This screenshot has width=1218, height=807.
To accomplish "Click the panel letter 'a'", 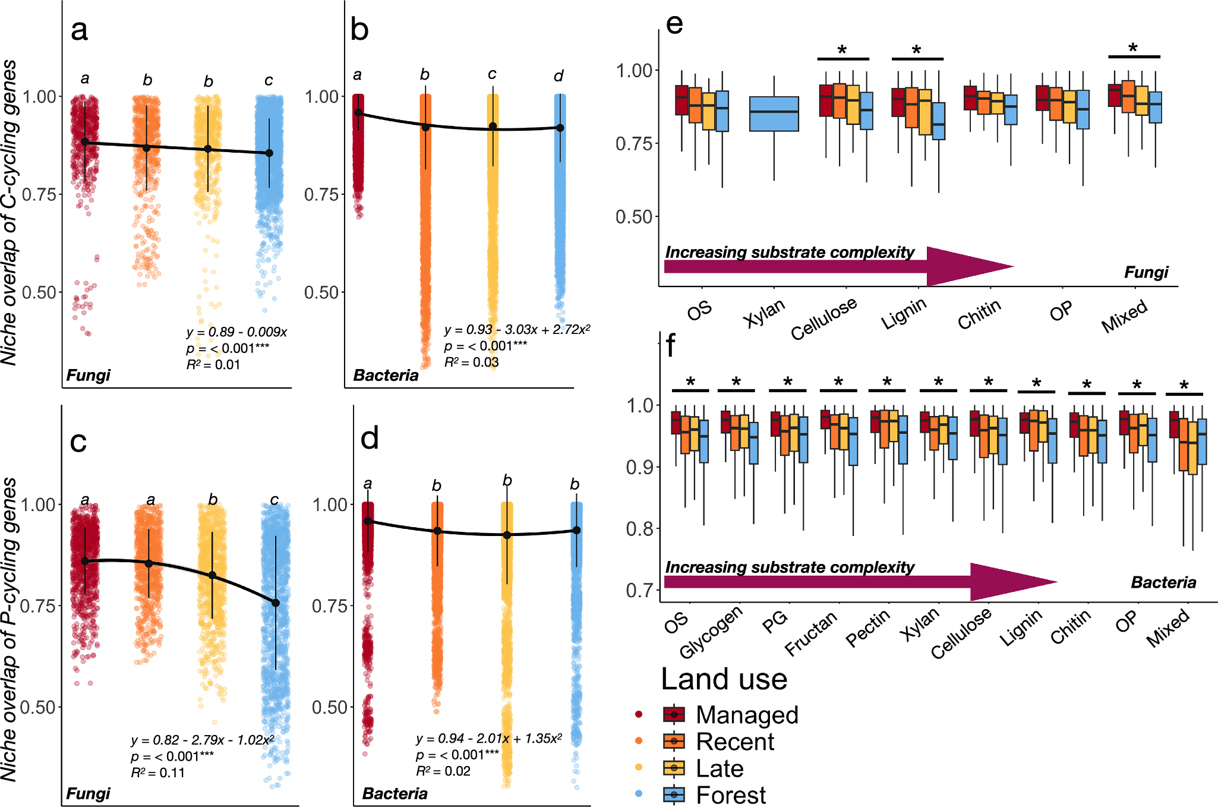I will click(x=79, y=30).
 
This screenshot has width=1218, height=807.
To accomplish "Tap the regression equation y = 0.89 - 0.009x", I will click(x=236, y=332).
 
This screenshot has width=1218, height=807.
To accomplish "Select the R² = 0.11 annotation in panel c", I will click(x=157, y=773).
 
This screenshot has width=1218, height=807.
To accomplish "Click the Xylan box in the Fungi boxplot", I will click(x=774, y=113).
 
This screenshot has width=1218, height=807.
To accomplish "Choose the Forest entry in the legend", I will click(x=731, y=795).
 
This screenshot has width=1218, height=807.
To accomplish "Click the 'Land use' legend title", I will click(x=724, y=679).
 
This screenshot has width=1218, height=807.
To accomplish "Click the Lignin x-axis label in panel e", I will click(x=904, y=313).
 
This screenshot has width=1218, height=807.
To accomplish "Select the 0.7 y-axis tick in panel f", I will click(x=639, y=590).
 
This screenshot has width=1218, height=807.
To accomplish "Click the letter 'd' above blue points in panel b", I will click(x=558, y=76).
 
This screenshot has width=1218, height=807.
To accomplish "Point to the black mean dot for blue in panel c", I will click(x=276, y=603).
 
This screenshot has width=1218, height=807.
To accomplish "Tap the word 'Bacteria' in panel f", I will click(x=1163, y=582).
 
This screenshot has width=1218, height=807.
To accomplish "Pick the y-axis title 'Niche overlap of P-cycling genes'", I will click(x=10, y=630).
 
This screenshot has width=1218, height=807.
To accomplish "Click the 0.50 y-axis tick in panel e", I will click(x=633, y=217).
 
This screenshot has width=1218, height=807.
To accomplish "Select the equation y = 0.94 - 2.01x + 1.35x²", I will click(x=488, y=739).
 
